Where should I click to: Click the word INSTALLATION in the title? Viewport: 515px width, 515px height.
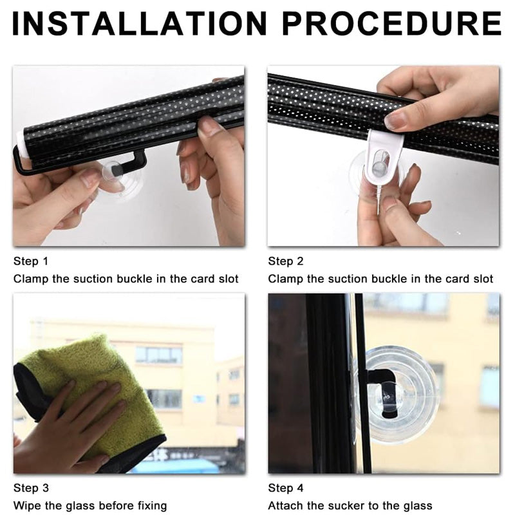(138, 24)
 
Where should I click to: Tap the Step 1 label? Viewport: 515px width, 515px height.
(31, 261)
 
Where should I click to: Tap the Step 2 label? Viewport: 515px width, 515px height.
(286, 261)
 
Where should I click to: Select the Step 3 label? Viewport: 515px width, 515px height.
(31, 488)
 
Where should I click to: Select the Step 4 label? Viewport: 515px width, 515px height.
(286, 488)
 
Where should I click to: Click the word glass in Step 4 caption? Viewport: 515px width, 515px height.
(418, 506)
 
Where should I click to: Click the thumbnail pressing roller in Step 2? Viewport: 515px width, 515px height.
(395, 120)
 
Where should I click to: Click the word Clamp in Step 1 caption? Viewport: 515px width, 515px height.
(30, 279)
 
